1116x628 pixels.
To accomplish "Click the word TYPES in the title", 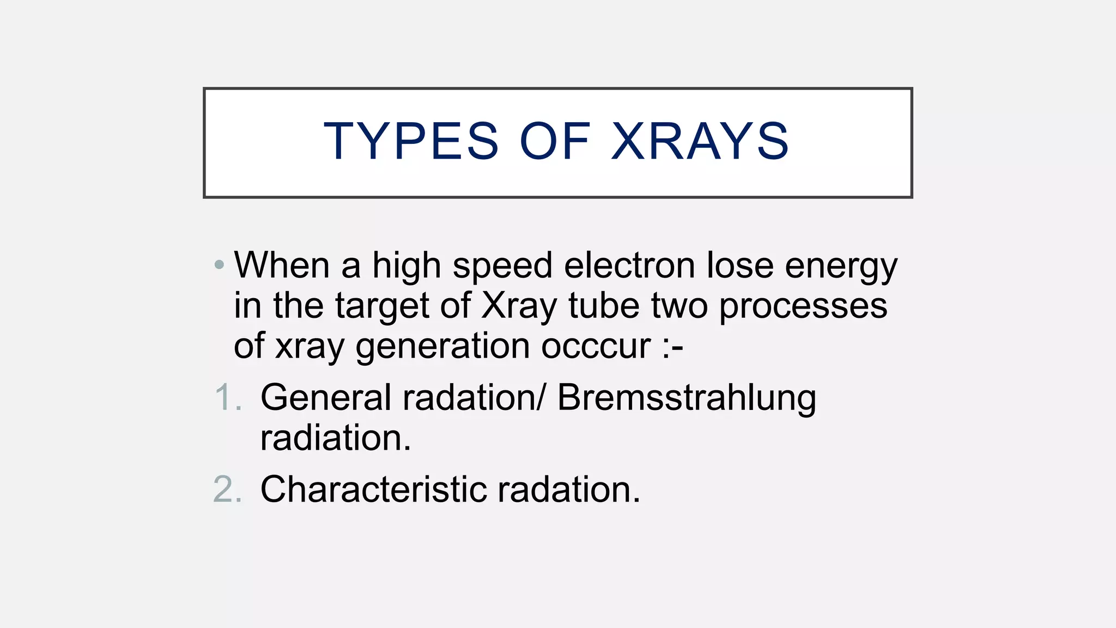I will [411, 142].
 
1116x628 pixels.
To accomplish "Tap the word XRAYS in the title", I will [700, 142].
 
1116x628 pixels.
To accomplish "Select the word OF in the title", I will [555, 142].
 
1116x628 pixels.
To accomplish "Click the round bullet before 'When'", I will [219, 265].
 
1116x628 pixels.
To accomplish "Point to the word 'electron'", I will [629, 266].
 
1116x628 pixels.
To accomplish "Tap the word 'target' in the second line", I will [383, 307].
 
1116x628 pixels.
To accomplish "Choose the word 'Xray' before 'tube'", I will [519, 307].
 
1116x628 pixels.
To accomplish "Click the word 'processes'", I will [803, 307].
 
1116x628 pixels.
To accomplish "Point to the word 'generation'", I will [442, 347].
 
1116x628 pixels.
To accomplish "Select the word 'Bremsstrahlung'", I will [687, 398].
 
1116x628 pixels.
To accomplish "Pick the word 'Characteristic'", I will [373, 489].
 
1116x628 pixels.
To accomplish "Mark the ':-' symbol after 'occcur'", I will [672, 347].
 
